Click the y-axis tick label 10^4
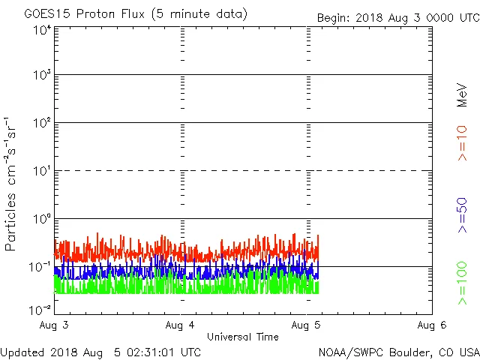pyautogui.click(x=42, y=30)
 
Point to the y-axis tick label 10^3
pyautogui.click(x=42, y=76)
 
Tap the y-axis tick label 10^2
pyautogui.click(x=42, y=124)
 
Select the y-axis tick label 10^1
pyautogui.click(x=42, y=172)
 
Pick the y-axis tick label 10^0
pyautogui.click(x=42, y=220)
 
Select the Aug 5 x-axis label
pyautogui.click(x=307, y=325)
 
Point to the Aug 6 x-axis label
pyautogui.click(x=432, y=325)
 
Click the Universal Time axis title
pyautogui.click(x=243, y=337)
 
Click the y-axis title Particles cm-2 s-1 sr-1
pyautogui.click(x=11, y=184)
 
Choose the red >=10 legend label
pyautogui.click(x=462, y=142)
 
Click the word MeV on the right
pyautogui.click(x=462, y=94)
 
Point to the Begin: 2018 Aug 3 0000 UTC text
pyautogui.click(x=397, y=16)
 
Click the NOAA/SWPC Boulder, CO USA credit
pyautogui.click(x=398, y=352)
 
